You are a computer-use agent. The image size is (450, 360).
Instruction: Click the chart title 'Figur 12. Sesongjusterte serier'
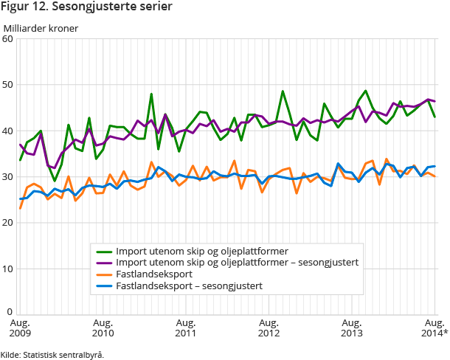pyautogui.click(x=87, y=8)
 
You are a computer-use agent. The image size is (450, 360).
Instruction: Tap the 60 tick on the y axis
pyautogui.click(x=9, y=39)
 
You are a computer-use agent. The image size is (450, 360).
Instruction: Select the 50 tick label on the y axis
pyautogui.click(x=9, y=85)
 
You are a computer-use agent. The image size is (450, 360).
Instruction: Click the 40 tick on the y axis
pyautogui.click(x=9, y=131)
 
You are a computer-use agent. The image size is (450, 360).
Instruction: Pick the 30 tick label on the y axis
pyautogui.click(x=9, y=176)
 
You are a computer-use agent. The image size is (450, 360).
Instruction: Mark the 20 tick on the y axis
pyautogui.click(x=9, y=222)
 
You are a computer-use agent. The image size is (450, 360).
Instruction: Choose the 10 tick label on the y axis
pyautogui.click(x=9, y=268)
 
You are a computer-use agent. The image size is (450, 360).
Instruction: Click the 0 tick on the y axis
pyautogui.click(x=11, y=313)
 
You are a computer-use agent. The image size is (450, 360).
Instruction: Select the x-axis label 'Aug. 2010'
pyautogui.click(x=103, y=328)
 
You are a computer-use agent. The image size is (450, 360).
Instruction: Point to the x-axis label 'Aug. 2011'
pyautogui.click(x=186, y=328)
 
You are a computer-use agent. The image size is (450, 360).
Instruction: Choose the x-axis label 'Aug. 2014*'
pyautogui.click(x=434, y=328)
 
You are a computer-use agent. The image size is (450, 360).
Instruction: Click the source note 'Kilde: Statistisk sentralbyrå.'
pyautogui.click(x=52, y=355)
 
